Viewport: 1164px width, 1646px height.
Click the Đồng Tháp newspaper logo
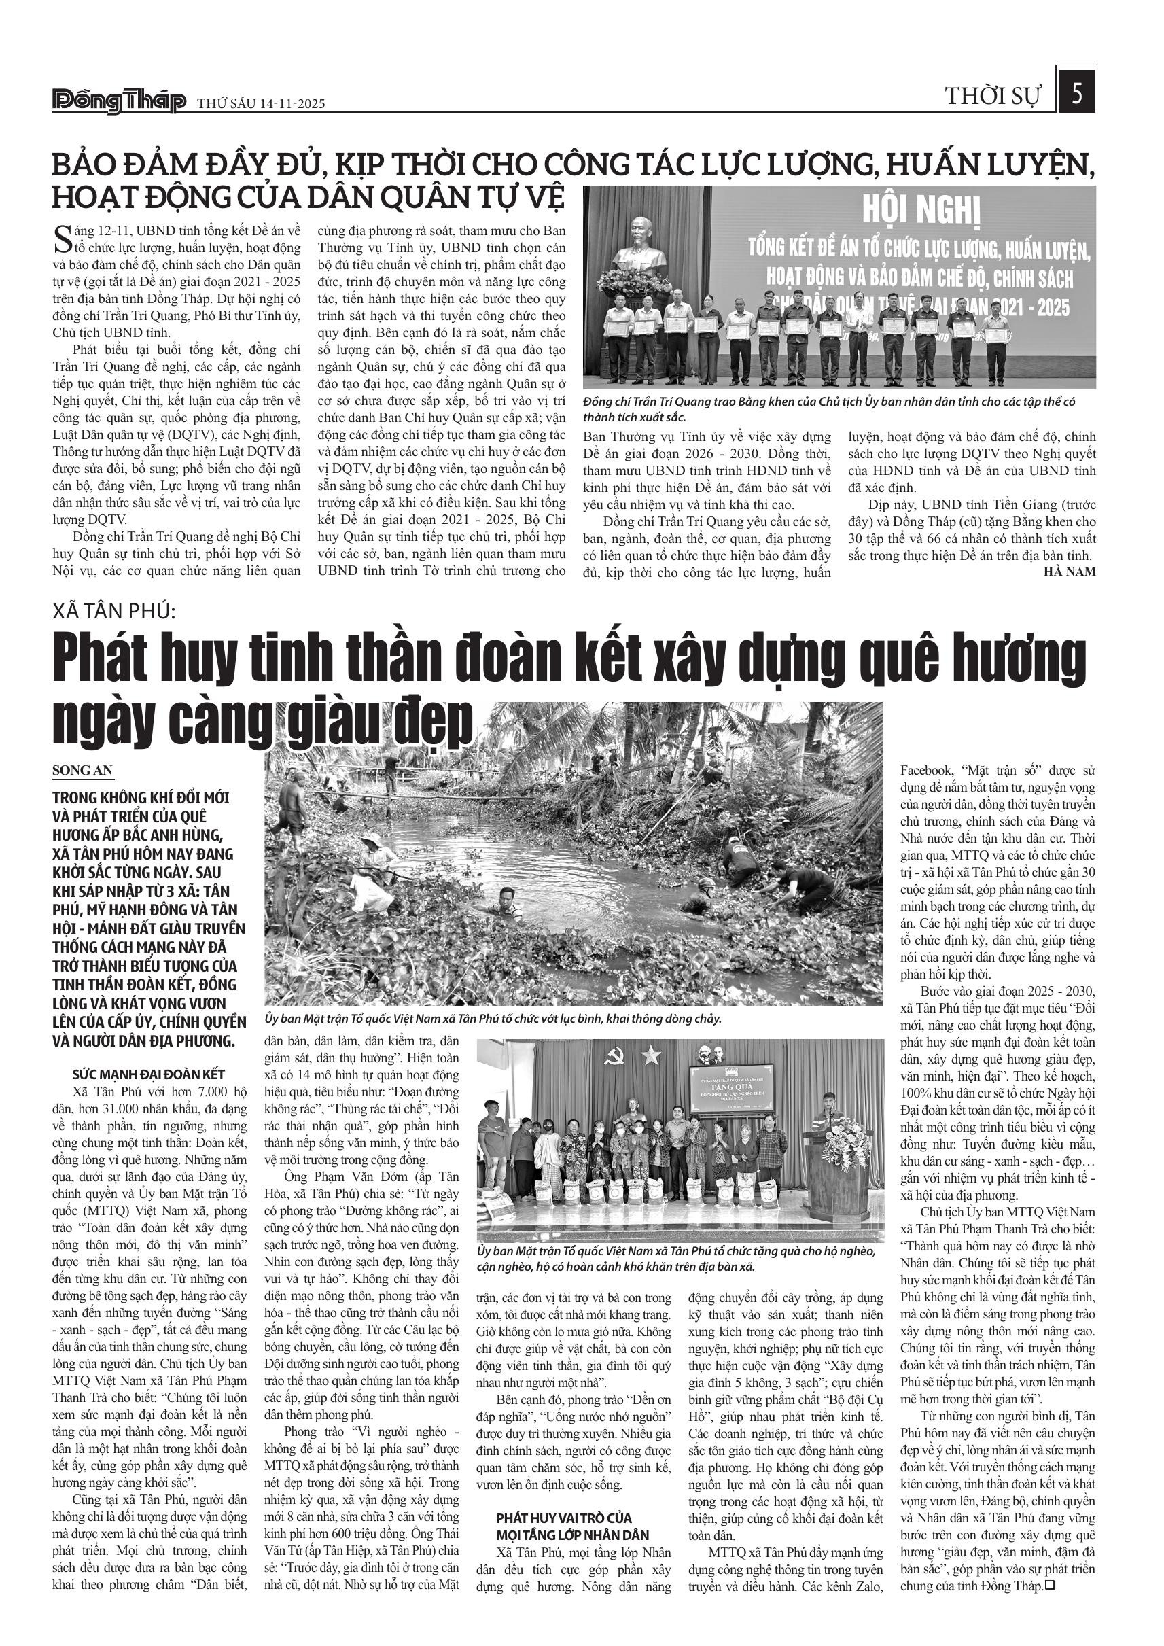click(119, 102)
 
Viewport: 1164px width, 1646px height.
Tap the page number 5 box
click(1076, 94)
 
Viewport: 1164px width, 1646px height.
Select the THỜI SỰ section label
click(992, 97)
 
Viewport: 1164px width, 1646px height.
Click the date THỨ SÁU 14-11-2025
click(261, 104)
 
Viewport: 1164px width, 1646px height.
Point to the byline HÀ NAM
click(1070, 571)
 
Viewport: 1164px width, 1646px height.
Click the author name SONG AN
click(82, 771)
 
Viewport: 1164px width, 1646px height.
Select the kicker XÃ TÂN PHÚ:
click(115, 611)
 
